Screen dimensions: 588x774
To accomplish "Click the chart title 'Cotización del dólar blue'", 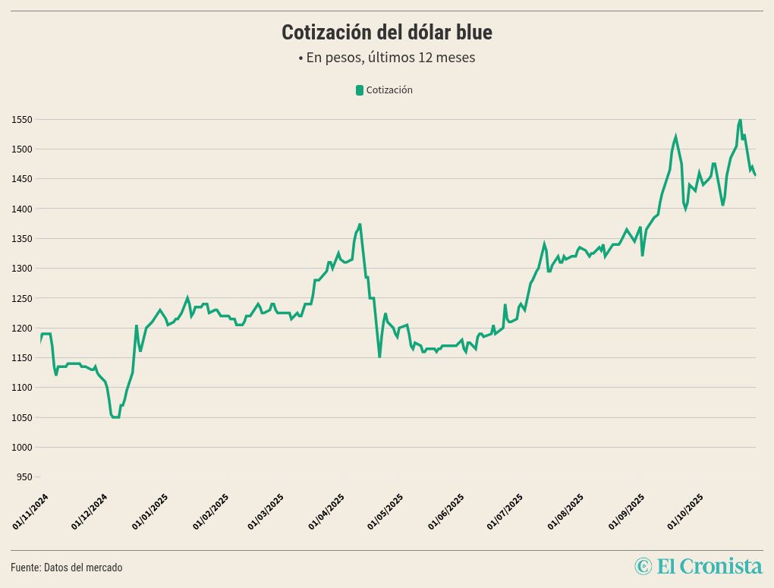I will (x=387, y=33).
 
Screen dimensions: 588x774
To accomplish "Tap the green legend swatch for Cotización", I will (x=360, y=90).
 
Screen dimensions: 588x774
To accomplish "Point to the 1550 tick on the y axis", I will (x=21, y=120).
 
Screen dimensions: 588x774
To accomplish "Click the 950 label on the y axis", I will (x=24, y=477).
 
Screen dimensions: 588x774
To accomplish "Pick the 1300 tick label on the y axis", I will (x=21, y=269).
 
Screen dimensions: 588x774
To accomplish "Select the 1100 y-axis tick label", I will (x=21, y=388).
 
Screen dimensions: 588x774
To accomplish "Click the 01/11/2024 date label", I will (x=31, y=511).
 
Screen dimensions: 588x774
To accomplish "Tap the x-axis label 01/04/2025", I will (x=327, y=511).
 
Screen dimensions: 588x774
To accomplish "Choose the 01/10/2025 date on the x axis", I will (x=685, y=511).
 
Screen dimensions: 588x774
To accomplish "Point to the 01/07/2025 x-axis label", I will (x=505, y=511).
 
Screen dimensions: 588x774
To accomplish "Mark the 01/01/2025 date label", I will (x=150, y=511).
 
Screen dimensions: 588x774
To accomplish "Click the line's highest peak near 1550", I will (x=740, y=120).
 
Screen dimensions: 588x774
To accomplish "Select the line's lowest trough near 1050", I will (x=115, y=417).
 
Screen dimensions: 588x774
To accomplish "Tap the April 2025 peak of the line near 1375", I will (x=360, y=225).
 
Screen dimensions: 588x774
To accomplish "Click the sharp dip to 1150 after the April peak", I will (x=379, y=357).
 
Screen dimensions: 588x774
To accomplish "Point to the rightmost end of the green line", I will (x=755, y=175).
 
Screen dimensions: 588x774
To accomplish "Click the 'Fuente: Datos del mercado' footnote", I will (x=66, y=568).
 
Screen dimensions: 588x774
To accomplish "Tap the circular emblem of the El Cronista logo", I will (x=643, y=566).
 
